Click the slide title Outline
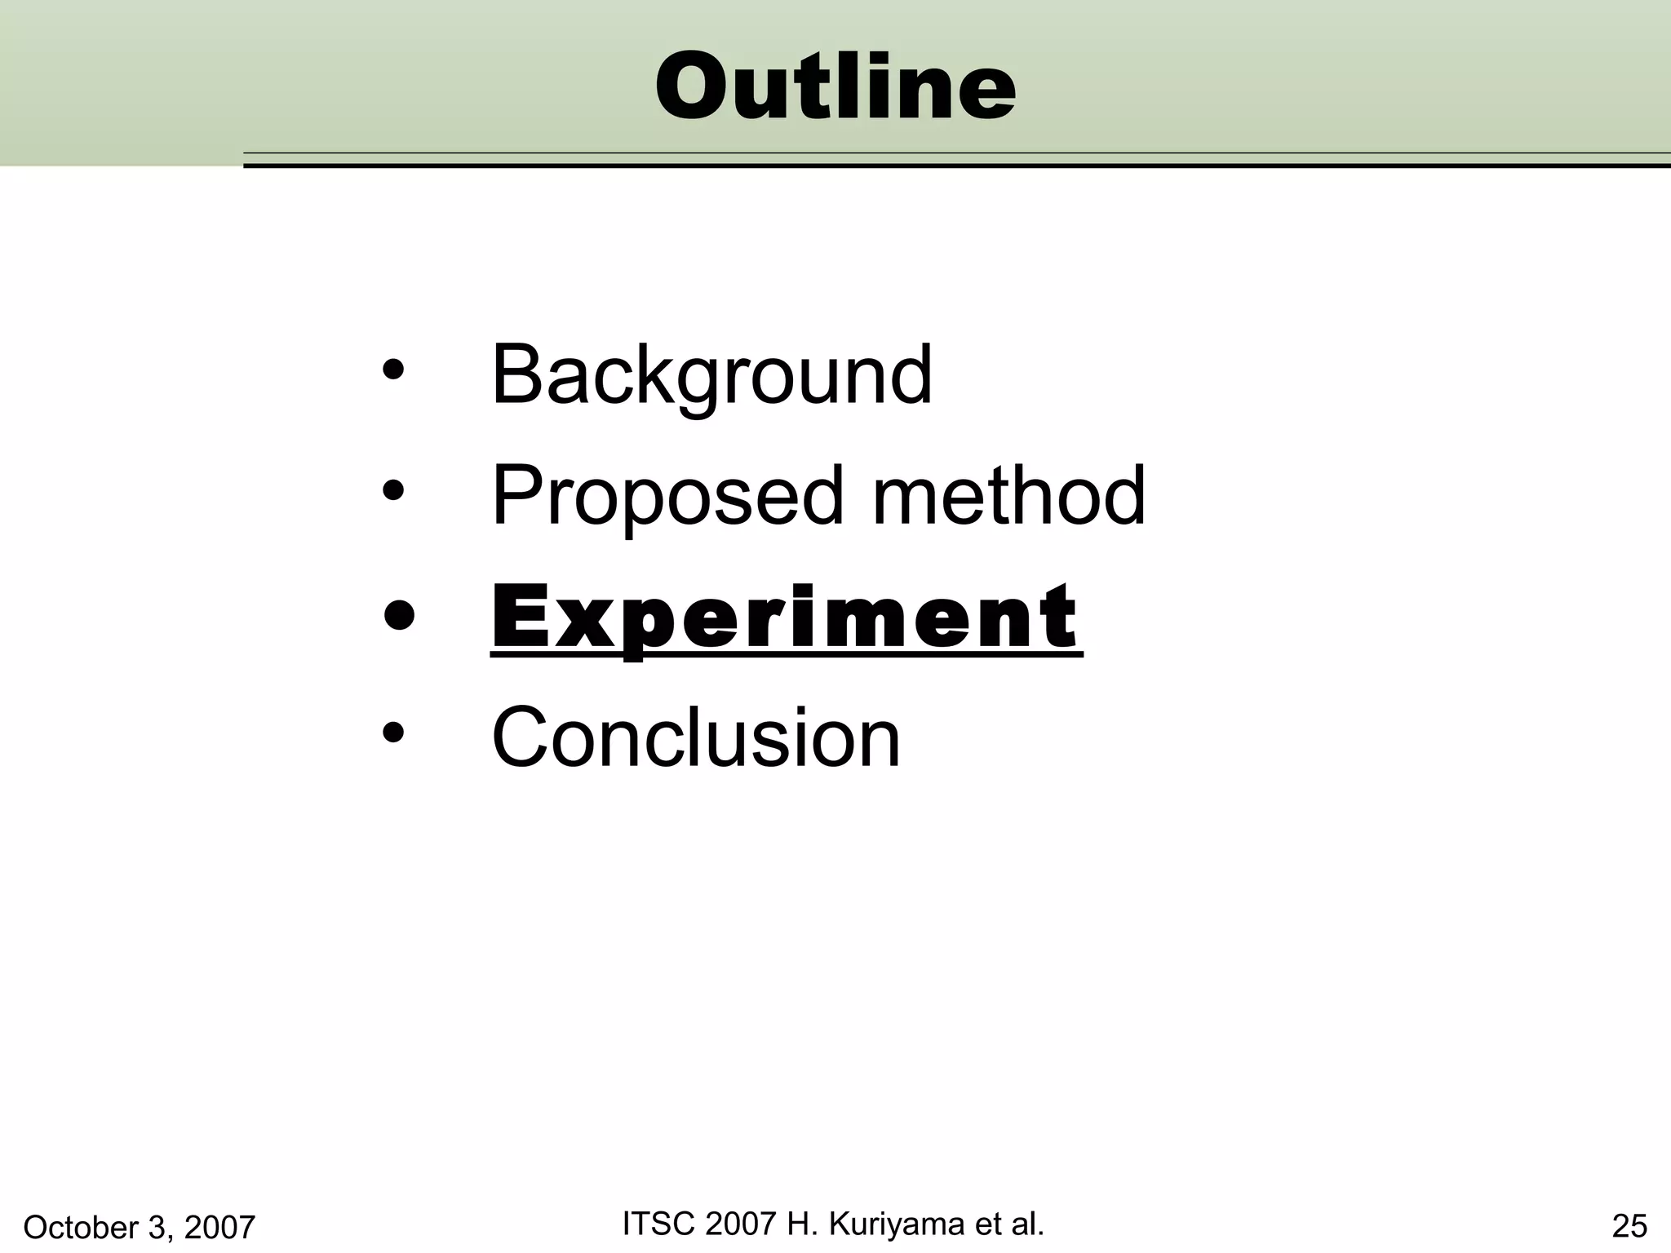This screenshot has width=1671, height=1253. pyautogui.click(x=835, y=86)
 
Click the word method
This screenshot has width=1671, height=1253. pyautogui.click(x=1009, y=494)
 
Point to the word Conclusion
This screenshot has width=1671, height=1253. pyautogui.click(x=695, y=737)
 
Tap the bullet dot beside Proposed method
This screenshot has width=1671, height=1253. pyautogui.click(x=393, y=491)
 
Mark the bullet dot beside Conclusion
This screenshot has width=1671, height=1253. pyautogui.click(x=393, y=733)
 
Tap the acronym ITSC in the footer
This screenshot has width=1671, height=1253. pyautogui.click(x=657, y=1224)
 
